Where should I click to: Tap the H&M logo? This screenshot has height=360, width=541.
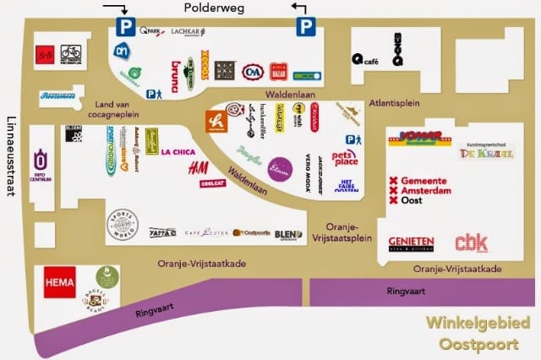pyautogui.click(x=199, y=167)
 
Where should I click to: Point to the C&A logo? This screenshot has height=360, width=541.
pyautogui.click(x=252, y=71)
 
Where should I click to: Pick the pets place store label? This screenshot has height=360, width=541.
pyautogui.click(x=344, y=156)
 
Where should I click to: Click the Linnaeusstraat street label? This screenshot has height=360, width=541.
pyautogui.click(x=11, y=156)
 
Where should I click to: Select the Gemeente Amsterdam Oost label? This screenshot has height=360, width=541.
pyautogui.click(x=420, y=191)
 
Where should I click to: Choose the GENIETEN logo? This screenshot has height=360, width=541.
pyautogui.click(x=412, y=243)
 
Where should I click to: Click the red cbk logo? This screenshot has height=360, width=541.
pyautogui.click(x=471, y=243)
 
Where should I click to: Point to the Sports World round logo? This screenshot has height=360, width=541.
pyautogui.click(x=123, y=225)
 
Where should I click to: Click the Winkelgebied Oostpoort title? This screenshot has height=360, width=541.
pyautogui.click(x=478, y=333)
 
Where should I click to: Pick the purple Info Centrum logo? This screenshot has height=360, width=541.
pyautogui.click(x=40, y=161)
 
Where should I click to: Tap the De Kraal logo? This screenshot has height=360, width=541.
pyautogui.click(x=475, y=153)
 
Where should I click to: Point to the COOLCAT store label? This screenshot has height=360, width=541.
pyautogui.click(x=214, y=183)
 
